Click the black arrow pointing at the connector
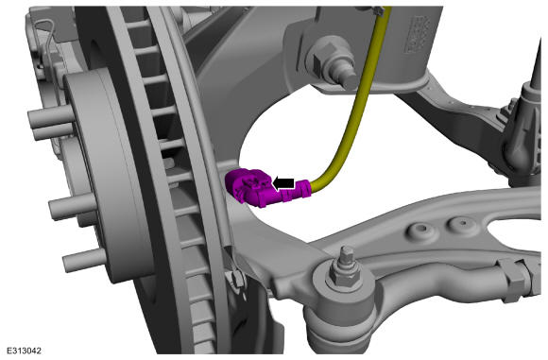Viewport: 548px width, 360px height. (x=283, y=183)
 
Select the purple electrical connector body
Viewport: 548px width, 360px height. (x=248, y=186)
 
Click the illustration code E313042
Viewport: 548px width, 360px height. (x=25, y=351)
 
